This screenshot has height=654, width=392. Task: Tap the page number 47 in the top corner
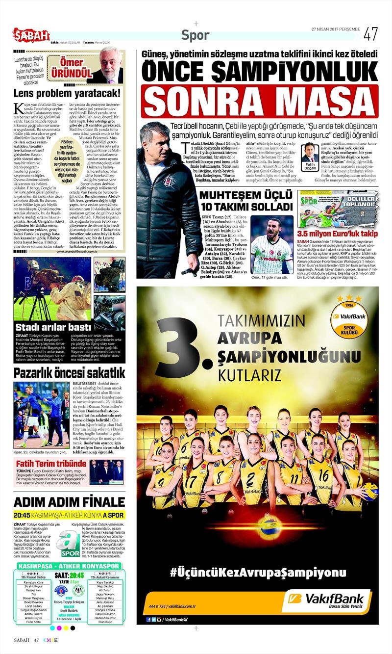point(370,34)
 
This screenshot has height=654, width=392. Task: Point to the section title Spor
point(196,35)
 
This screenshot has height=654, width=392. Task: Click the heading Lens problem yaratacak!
point(67,93)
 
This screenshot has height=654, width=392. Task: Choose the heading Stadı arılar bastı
point(52,327)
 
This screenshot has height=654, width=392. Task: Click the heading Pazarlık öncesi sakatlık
point(69,372)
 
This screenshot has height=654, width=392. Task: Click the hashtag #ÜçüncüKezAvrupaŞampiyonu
point(258,572)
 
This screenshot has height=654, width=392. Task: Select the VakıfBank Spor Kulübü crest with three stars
point(348,317)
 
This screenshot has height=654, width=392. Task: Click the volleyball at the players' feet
point(270,525)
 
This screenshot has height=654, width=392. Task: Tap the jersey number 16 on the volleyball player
point(323,476)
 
